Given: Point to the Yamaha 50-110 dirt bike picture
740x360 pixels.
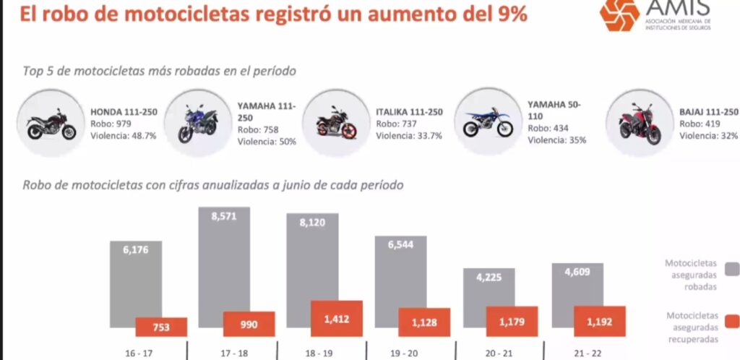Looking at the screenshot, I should (x=488, y=123).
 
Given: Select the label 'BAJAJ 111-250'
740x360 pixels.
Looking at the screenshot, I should (x=709, y=112).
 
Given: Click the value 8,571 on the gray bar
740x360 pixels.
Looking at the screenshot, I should (x=224, y=215).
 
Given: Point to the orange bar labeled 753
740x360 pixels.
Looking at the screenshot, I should (x=161, y=327).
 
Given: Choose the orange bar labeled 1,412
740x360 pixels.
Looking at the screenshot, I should (x=337, y=319).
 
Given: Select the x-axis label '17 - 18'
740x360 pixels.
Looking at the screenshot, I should (x=236, y=354).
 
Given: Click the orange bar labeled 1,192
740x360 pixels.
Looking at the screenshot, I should (x=600, y=321).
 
